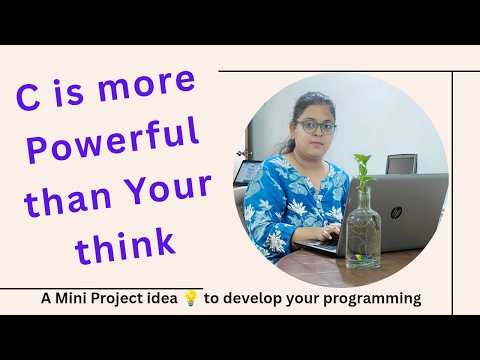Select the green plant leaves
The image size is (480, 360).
[x=362, y=171]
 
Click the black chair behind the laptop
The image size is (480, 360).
[x=401, y=164]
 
